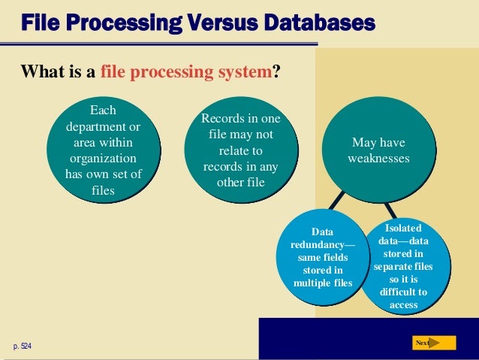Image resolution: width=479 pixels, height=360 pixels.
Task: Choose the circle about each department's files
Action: [x=103, y=150]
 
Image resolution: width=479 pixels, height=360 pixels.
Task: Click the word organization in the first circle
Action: [x=103, y=159]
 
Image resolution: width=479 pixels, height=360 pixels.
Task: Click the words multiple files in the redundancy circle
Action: [x=323, y=283]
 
